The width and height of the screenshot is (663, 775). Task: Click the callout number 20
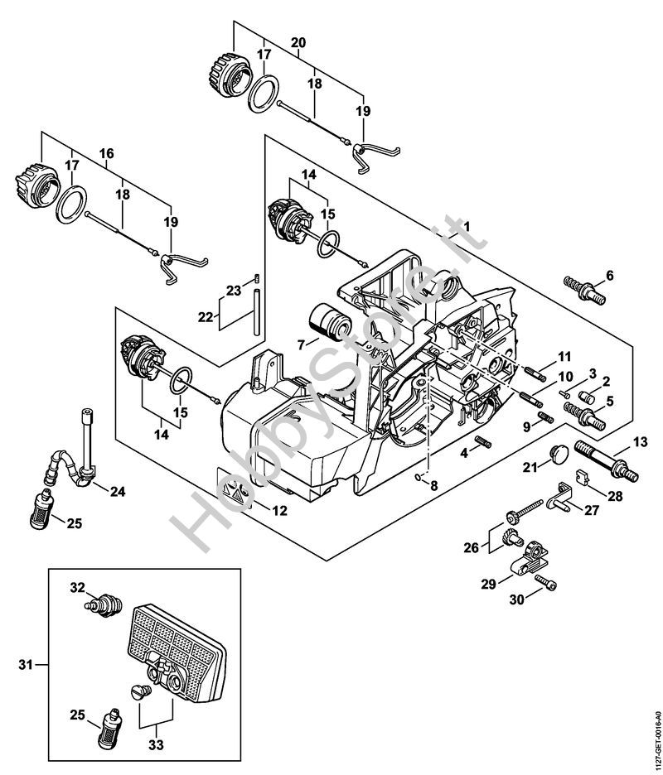298,42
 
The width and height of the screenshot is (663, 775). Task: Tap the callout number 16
106,154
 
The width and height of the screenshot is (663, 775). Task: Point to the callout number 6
609,275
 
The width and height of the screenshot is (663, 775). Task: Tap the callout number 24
118,491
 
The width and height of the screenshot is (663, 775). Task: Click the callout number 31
26,663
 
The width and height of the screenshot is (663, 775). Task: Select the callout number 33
155,722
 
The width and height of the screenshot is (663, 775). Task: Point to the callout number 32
77,587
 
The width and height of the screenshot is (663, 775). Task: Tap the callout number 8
433,486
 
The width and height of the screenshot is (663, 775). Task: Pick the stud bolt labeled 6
580,291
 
